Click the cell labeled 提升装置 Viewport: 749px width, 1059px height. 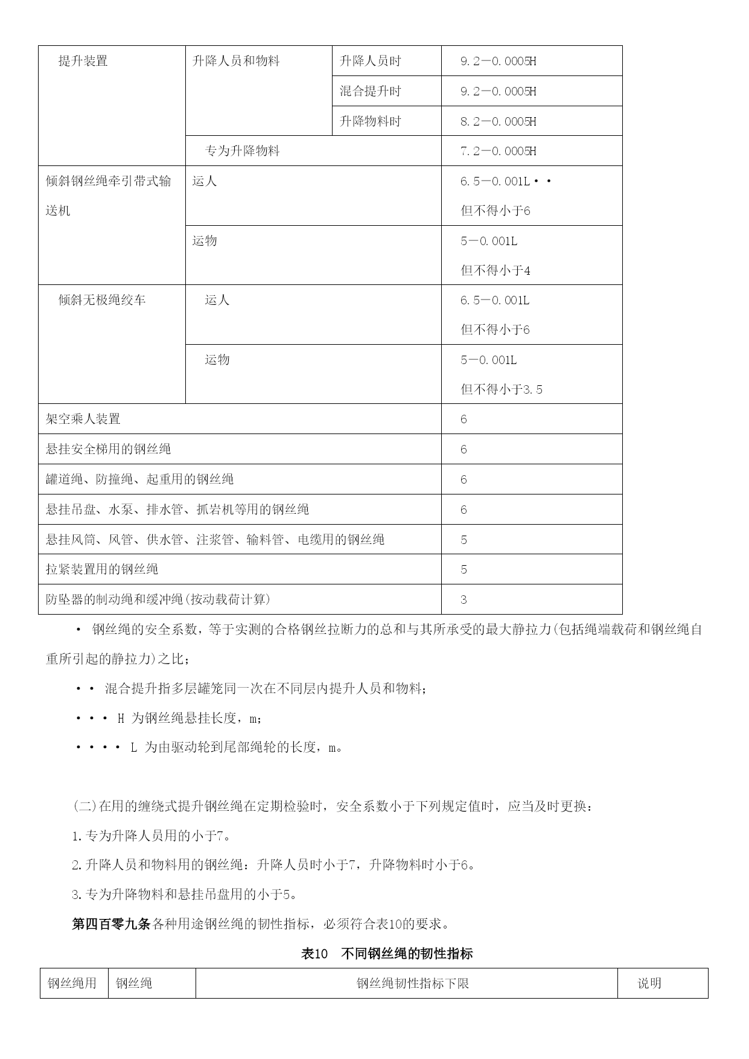[83, 61]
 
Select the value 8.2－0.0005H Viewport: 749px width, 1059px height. [498, 121]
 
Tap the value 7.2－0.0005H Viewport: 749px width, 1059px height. [498, 151]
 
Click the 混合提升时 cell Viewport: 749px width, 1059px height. [370, 91]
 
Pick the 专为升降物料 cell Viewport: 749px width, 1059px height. [242, 151]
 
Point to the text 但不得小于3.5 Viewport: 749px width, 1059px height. [502, 389]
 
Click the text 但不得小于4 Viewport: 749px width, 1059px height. [496, 270]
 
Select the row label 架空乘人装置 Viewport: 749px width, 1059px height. [83, 419]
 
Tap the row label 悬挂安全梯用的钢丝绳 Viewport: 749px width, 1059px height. [108, 449]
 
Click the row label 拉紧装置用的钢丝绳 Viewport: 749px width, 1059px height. [102, 569]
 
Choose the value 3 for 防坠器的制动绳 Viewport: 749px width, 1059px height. [464, 600]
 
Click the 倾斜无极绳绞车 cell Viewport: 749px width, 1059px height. [102, 300]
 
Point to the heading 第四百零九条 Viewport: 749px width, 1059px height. [110, 924]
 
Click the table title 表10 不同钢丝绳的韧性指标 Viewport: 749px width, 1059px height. [386, 954]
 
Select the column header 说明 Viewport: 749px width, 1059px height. [649, 984]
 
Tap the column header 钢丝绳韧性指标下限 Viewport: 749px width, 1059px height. [412, 984]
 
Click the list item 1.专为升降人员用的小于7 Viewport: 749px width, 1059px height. [151, 836]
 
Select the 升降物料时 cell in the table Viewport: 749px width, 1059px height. [370, 121]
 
